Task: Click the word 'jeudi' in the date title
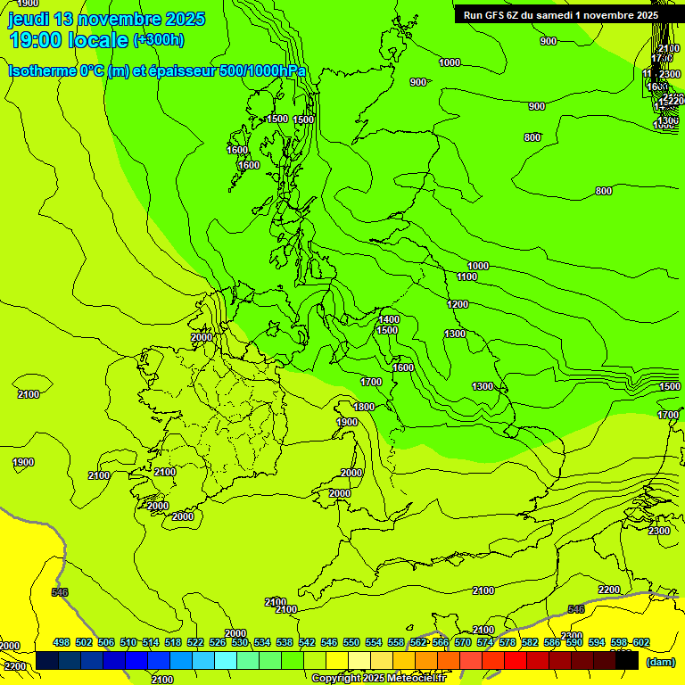[x=29, y=19]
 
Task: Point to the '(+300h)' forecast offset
[x=159, y=40]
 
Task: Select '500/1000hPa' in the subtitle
[x=268, y=71]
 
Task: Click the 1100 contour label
[x=466, y=277]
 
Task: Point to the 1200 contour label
[x=458, y=304]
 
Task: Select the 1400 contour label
[x=388, y=319]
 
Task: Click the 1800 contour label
[x=364, y=407]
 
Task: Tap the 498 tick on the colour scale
[x=62, y=642]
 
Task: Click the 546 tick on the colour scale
[x=329, y=642]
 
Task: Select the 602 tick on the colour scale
[x=641, y=642]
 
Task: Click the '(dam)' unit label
[x=661, y=662]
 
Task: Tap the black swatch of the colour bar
[x=627, y=661]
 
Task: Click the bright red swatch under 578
[x=516, y=661]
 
